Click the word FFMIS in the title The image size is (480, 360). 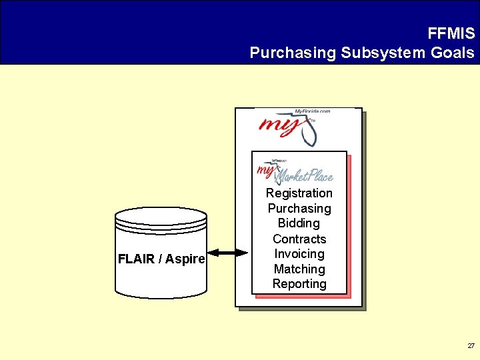point(451,33)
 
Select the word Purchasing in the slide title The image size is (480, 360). point(292,52)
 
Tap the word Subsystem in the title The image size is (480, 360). point(382,52)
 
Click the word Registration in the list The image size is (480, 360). point(299,193)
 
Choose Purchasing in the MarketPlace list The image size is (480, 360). point(299,209)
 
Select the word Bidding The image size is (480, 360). point(299,223)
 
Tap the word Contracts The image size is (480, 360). point(299,239)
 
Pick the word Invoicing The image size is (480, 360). point(299,254)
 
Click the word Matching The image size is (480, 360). point(299,269)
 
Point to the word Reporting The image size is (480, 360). point(299,284)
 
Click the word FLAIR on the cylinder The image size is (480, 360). point(136,259)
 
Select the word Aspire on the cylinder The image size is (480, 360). point(185,259)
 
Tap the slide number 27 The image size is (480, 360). point(471,346)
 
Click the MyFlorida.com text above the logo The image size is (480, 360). point(312,111)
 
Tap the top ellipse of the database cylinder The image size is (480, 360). point(161,217)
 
